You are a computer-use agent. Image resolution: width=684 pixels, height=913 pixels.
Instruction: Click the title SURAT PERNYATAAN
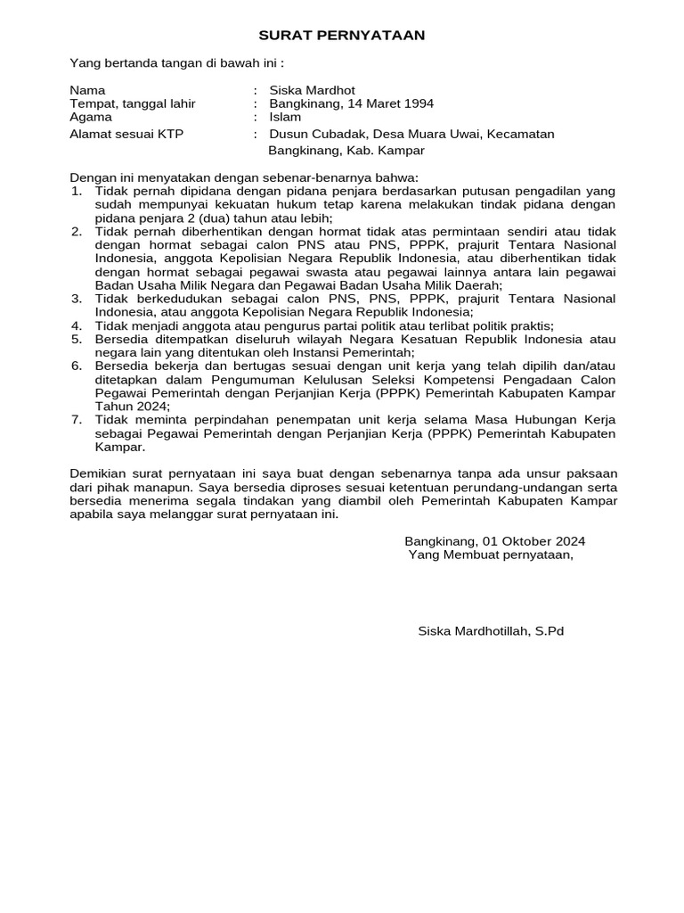(342, 36)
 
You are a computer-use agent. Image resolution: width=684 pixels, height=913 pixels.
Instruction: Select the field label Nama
(87, 90)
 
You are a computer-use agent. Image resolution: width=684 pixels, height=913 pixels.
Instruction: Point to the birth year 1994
(419, 103)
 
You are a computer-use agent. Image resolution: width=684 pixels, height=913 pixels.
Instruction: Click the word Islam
(285, 117)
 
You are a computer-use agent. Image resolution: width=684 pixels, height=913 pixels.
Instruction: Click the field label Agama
(91, 117)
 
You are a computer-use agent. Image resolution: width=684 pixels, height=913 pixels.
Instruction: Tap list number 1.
(77, 192)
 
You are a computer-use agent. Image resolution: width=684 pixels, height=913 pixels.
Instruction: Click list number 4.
(77, 325)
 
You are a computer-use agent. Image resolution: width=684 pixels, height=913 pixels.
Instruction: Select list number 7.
(77, 420)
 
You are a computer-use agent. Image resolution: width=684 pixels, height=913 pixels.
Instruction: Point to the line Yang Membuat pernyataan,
(491, 555)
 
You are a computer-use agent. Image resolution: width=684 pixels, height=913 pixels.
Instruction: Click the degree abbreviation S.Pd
(549, 631)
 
